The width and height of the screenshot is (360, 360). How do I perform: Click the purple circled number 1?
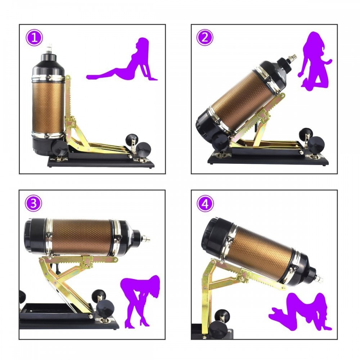pyautogui.click(x=34, y=38)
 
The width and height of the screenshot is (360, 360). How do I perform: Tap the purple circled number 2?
pyautogui.click(x=205, y=37)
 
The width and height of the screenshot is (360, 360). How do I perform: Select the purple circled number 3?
pyautogui.click(x=33, y=203)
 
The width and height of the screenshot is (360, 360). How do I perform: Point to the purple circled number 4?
pyautogui.click(x=205, y=203)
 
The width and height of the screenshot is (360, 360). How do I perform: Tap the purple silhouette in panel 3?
pyautogui.click(x=139, y=301)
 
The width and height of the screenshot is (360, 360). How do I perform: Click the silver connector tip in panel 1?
pyautogui.click(x=49, y=49)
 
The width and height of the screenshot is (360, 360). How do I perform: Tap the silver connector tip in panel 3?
pyautogui.click(x=145, y=239)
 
